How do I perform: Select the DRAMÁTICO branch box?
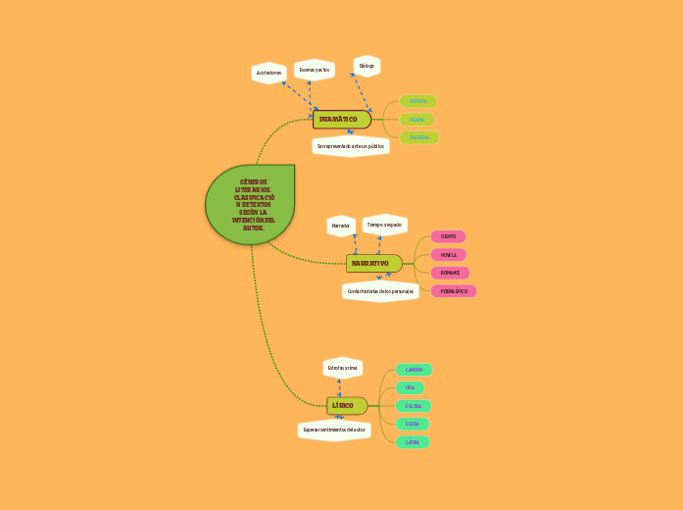(x=341, y=120)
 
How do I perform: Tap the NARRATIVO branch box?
(x=373, y=264)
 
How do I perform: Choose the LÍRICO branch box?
(x=346, y=406)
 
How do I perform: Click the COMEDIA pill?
(x=417, y=101)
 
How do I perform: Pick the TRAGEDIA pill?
(x=418, y=137)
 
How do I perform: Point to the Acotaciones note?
(x=268, y=74)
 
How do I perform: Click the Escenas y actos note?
(x=315, y=70)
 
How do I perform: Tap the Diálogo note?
(x=366, y=66)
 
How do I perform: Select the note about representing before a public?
(x=351, y=146)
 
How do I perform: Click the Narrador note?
(x=341, y=226)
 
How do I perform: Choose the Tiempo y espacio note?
(x=384, y=225)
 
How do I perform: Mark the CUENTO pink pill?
(x=449, y=236)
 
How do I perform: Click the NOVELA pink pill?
(x=449, y=255)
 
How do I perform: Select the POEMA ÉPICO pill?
(x=454, y=291)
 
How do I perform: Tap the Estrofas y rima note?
(x=343, y=368)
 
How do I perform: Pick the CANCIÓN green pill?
(x=414, y=370)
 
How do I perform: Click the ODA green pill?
(x=410, y=388)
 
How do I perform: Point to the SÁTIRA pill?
(x=413, y=442)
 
